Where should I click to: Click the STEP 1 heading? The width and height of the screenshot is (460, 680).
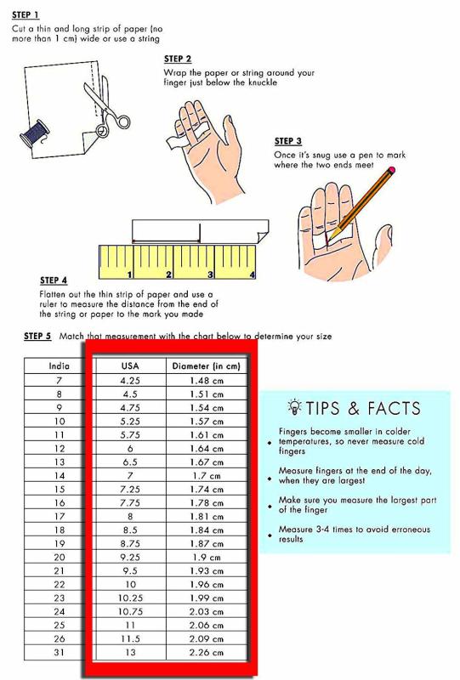point(26,14)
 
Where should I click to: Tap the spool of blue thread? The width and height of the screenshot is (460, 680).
point(34,134)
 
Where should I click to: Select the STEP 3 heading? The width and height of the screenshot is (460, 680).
point(287,141)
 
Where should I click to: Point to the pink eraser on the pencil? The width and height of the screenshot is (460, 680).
point(392,170)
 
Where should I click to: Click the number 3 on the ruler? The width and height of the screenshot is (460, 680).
point(210,274)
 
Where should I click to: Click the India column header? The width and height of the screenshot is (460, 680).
point(59,365)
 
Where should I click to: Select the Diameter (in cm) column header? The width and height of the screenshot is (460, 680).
point(206,366)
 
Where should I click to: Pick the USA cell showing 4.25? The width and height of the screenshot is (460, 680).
point(130,380)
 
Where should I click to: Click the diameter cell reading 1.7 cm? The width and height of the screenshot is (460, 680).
point(206,476)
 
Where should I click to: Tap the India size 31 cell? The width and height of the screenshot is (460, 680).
point(59,652)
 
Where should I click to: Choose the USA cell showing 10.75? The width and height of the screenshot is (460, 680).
point(130,611)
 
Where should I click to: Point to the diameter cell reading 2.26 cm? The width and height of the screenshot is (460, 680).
point(206,652)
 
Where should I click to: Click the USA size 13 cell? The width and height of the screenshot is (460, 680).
point(130,652)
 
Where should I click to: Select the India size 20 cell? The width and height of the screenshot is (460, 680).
point(59,558)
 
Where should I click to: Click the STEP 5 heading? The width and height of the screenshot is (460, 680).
point(37,336)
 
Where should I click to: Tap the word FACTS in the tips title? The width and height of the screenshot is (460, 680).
point(394,409)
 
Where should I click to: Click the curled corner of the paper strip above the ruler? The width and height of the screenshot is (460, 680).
point(262,236)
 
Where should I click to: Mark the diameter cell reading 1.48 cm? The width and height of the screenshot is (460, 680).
point(206,380)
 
